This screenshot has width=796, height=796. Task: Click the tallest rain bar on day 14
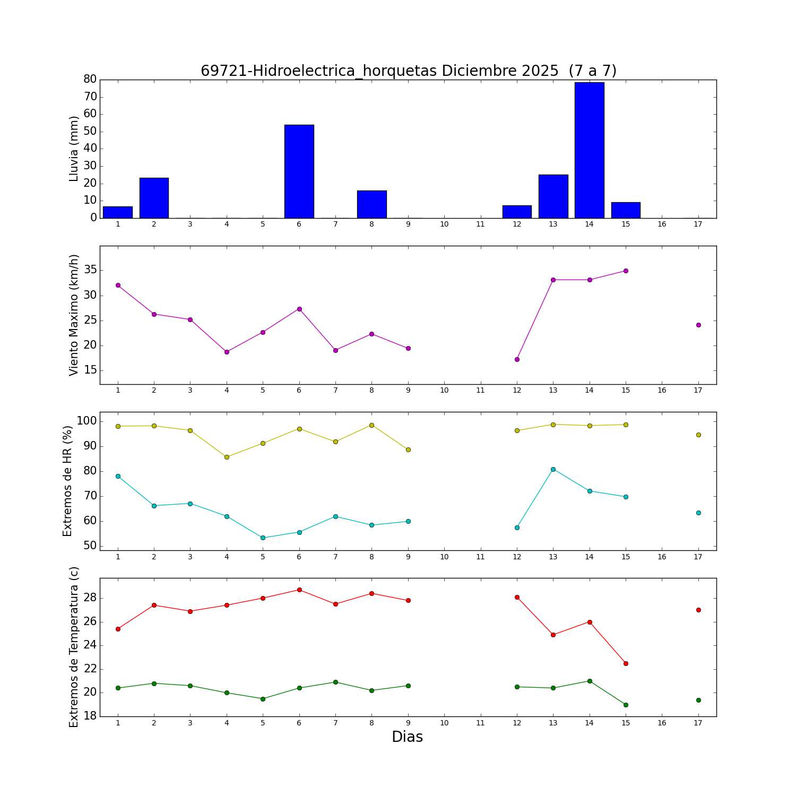pos(589,150)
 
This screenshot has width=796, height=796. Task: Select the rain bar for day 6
pos(299,171)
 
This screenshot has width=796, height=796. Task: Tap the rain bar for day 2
pos(154,198)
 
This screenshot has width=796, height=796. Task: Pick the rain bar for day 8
pos(371,204)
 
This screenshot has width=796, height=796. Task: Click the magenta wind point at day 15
pos(626,271)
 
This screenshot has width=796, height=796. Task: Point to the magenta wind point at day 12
pos(517,359)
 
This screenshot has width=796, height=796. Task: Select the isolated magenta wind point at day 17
pos(698,325)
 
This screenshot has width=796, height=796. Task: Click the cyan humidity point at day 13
pos(553,469)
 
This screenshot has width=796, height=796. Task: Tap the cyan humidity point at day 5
pos(263,538)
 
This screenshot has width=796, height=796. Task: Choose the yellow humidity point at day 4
pos(227,457)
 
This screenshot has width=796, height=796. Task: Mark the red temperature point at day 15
pos(626,663)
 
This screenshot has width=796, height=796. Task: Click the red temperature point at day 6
pos(299,590)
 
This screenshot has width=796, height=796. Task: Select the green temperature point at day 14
pos(590,681)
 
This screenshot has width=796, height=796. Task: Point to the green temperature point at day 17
pos(698,700)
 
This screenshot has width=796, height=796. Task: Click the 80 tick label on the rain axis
pos(90,79)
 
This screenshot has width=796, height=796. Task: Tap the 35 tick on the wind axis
pos(90,270)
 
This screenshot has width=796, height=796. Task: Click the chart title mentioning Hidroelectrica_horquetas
pos(408,71)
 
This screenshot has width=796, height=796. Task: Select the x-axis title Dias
pos(407,737)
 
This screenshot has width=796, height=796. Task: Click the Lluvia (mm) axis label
pos(74,149)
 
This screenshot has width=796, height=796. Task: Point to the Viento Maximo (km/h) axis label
pos(74,315)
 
